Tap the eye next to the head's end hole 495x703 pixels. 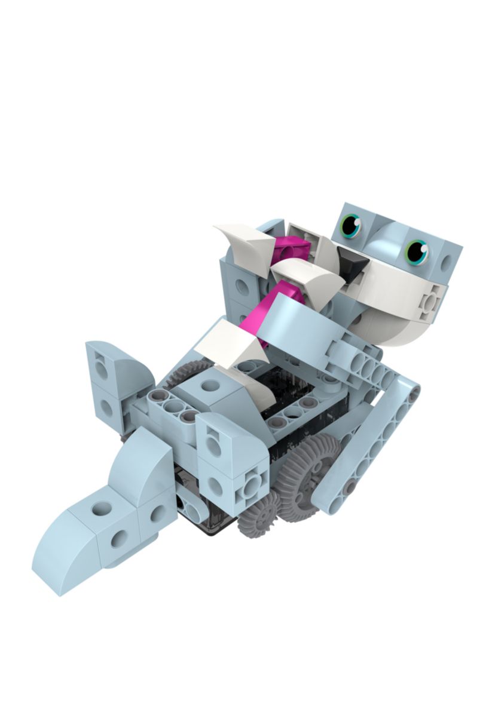(417, 251)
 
